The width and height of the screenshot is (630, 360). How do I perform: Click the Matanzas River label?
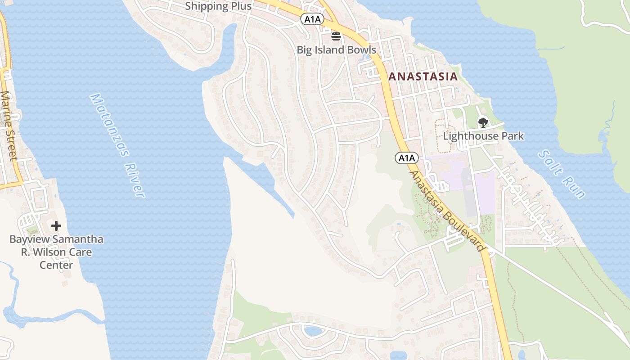click(118, 145)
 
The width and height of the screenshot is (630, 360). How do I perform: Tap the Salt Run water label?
click(562, 175)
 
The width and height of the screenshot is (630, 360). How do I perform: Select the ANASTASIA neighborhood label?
click(423, 76)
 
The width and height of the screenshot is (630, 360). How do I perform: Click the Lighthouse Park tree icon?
click(483, 122)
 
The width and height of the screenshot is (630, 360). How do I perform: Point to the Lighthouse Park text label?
click(483, 136)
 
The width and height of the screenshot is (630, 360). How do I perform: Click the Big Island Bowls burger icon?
click(336, 36)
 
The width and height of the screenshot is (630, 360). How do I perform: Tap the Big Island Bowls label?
click(336, 49)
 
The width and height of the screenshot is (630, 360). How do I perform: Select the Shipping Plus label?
click(218, 6)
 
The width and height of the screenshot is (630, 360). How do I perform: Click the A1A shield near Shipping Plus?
click(312, 19)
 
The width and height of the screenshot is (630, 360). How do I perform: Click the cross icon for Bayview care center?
click(56, 226)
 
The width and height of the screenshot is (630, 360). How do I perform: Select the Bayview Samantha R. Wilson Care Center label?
click(56, 252)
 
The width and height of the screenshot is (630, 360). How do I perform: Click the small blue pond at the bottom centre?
click(313, 332)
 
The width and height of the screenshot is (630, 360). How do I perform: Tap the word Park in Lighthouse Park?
click(510, 136)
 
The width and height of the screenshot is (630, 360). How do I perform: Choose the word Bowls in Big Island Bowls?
click(360, 49)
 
